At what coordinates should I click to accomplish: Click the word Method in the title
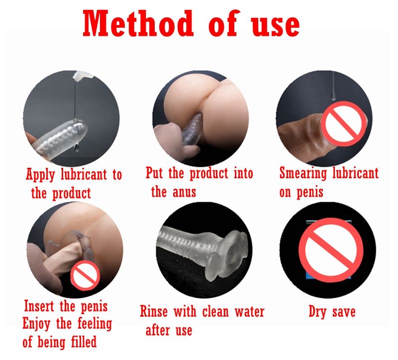click(138, 23)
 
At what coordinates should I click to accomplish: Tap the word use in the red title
click(276, 26)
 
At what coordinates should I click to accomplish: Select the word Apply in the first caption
click(40, 175)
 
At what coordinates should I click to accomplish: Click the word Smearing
click(303, 174)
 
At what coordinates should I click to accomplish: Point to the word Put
click(154, 173)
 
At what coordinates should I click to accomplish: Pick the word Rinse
click(154, 312)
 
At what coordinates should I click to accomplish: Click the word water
click(250, 312)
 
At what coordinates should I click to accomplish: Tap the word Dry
click(317, 312)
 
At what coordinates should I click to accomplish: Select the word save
click(344, 312)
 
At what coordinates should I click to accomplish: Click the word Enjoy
click(36, 324)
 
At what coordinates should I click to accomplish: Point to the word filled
click(84, 342)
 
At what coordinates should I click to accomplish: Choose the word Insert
click(39, 306)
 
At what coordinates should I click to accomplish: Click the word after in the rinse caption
click(157, 330)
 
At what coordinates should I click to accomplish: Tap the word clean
click(215, 312)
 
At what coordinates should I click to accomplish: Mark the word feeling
click(95, 324)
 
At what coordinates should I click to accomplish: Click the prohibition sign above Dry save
click(330, 250)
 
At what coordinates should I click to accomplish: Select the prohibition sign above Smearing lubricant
click(344, 123)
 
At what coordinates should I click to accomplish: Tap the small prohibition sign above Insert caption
click(85, 275)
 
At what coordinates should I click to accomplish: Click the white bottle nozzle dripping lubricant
click(83, 76)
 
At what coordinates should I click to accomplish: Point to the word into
click(243, 173)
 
